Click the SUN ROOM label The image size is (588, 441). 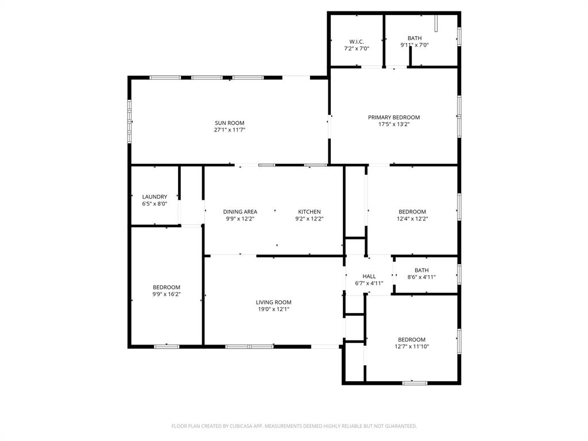[229, 123]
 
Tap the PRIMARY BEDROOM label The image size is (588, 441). [393, 117]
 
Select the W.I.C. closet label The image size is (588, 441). [356, 41]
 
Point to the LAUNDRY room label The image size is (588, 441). [154, 196]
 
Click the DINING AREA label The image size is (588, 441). [240, 211]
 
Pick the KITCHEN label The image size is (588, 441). [309, 211]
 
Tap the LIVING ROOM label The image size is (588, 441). [273, 302]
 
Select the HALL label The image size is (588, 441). [369, 276]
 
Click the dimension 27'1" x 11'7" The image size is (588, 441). [229, 130]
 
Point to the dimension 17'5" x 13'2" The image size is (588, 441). [393, 124]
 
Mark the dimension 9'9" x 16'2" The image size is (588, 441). [166, 294]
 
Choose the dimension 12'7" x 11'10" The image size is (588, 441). [412, 346]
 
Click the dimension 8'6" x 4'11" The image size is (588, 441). [421, 277]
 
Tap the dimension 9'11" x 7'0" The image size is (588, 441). [414, 45]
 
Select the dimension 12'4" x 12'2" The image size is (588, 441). [412, 218]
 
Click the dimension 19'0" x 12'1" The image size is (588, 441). [273, 309]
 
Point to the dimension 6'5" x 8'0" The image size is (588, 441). [154, 203]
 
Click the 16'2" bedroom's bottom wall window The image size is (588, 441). [166, 346]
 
